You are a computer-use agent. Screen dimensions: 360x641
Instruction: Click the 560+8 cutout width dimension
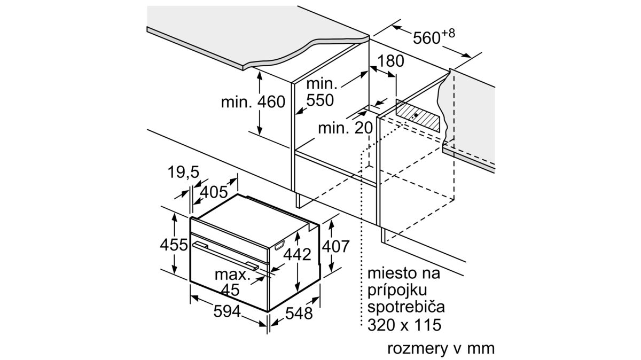point(433,37)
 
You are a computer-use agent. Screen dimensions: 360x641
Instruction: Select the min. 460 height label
point(253,101)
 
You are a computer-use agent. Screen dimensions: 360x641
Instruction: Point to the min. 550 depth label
point(322,92)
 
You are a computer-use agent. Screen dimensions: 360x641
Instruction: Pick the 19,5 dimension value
point(183,172)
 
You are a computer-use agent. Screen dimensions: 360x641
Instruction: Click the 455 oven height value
point(174,245)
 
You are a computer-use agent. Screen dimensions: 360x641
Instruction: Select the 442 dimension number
point(298,254)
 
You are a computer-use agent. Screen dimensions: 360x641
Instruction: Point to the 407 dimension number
point(335,246)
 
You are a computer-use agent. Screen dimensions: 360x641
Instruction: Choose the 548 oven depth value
point(298,314)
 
